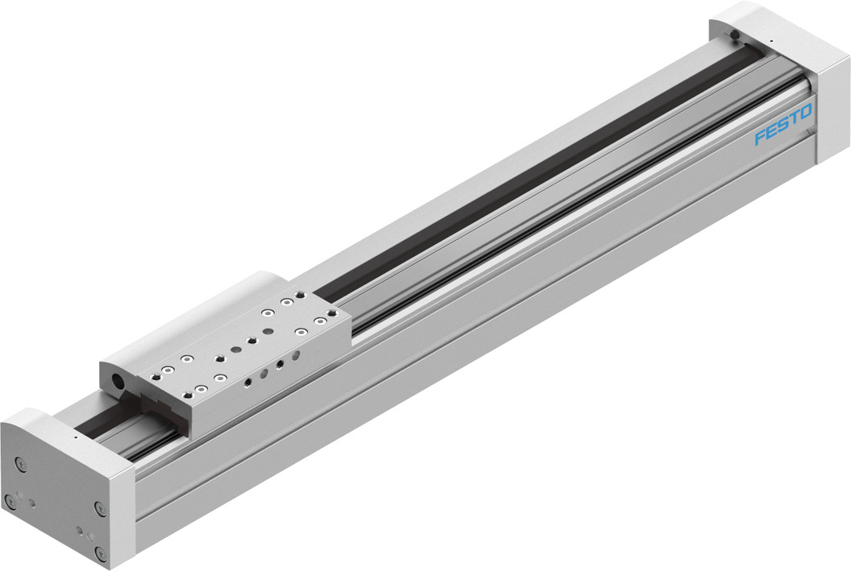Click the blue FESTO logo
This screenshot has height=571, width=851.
pyautogui.click(x=783, y=125)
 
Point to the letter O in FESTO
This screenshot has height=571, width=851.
pyautogui.click(x=806, y=111)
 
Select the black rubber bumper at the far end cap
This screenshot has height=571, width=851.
pyautogui.click(x=736, y=34)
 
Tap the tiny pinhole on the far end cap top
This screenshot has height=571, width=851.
pyautogui.click(x=770, y=41)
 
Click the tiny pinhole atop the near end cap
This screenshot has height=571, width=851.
pyautogui.click(x=75, y=437)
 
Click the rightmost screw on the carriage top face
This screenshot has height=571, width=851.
pyautogui.click(x=322, y=322)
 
